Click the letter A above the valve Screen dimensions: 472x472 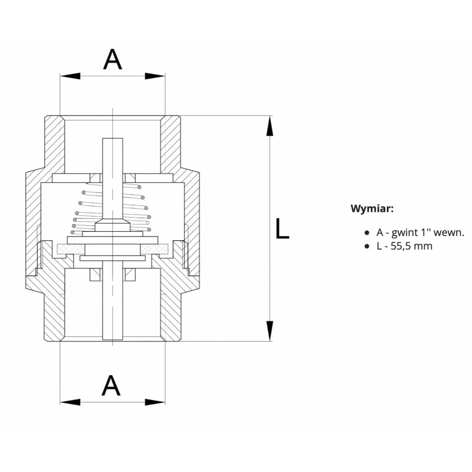(x=113, y=60)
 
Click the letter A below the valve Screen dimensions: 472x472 (x=111, y=385)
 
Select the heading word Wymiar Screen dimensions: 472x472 (x=372, y=208)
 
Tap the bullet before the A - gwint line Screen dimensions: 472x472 (x=366, y=233)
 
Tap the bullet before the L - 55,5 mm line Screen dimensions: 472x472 (x=366, y=246)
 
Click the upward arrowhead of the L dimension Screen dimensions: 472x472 (x=270, y=126)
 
